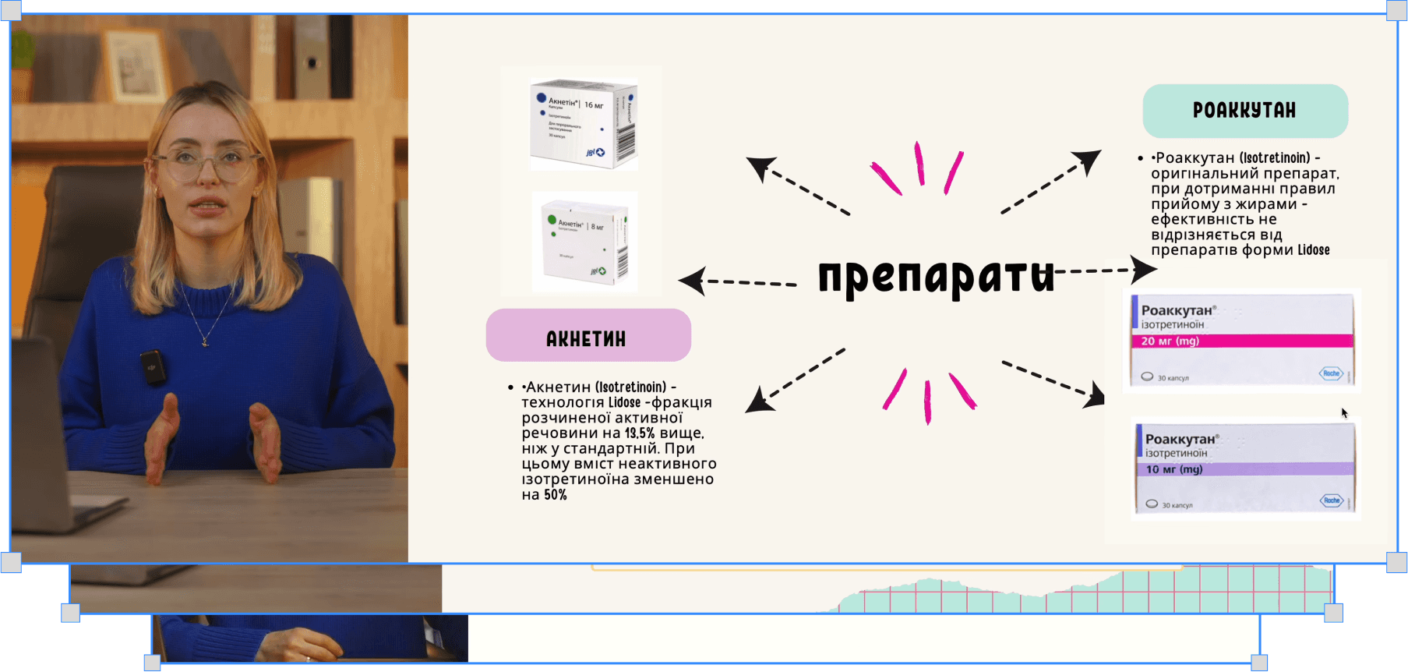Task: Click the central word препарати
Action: point(935,276)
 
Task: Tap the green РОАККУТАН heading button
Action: point(1244,111)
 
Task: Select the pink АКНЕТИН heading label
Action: point(588,336)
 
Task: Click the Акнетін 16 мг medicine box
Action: point(583,124)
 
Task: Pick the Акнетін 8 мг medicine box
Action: point(584,242)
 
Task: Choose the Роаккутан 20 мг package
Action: point(1241,340)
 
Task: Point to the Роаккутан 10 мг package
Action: point(1244,469)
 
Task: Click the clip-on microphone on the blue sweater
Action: point(153,366)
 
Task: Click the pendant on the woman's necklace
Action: point(205,341)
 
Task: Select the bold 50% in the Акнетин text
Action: point(556,495)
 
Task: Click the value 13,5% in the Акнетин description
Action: point(639,433)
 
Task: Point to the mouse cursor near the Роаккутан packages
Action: point(1343,412)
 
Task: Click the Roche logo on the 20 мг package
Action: point(1331,373)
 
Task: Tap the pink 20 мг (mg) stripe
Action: point(1241,341)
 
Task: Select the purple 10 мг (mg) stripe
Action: point(1244,469)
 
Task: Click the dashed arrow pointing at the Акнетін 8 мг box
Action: point(736,281)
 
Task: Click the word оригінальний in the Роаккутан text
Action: point(1199,174)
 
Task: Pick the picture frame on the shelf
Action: point(136,66)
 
